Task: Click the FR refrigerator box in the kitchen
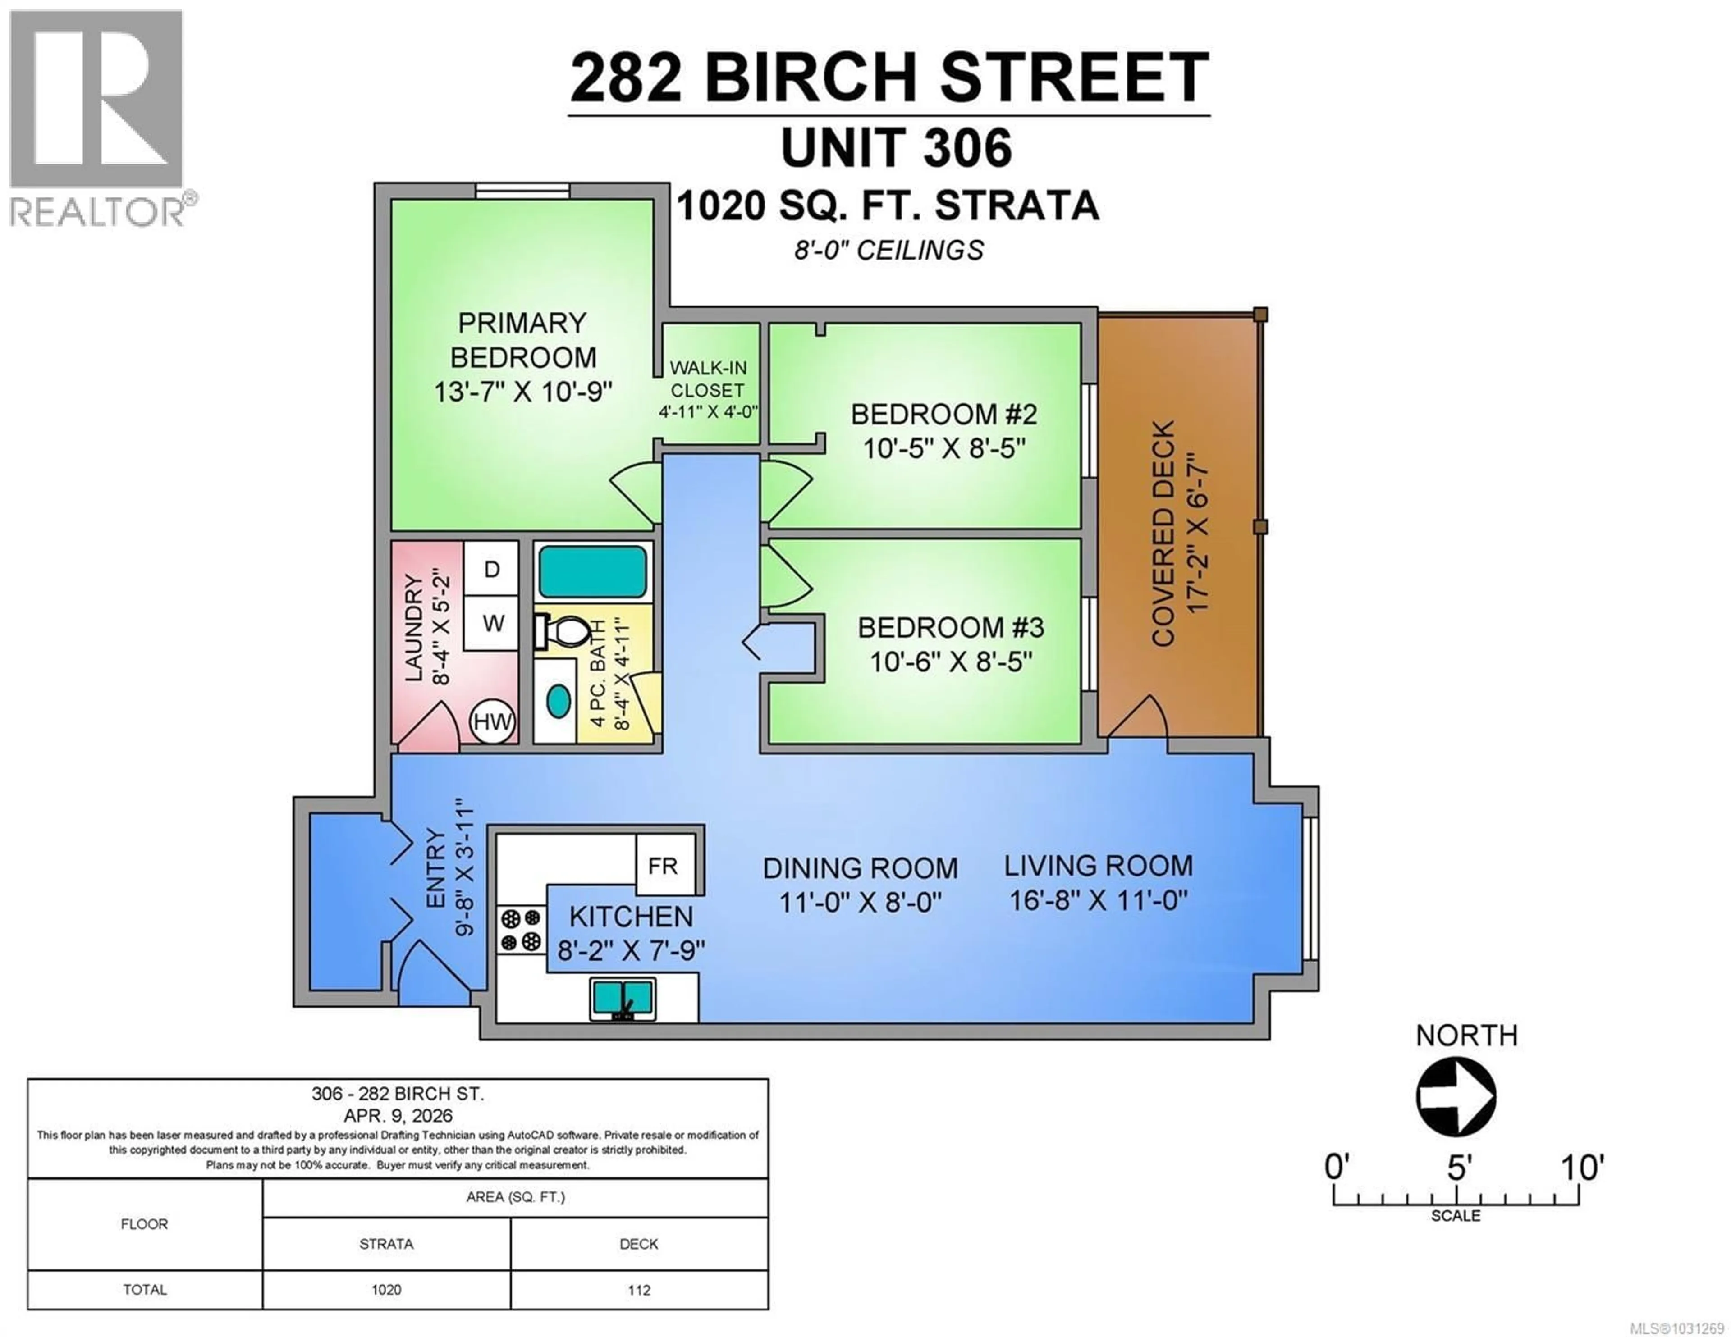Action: [664, 866]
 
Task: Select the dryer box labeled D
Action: [491, 569]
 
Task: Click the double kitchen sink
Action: [623, 999]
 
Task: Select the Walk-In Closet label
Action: [708, 379]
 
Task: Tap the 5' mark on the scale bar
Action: [1457, 1168]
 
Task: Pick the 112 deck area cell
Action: [639, 1289]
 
